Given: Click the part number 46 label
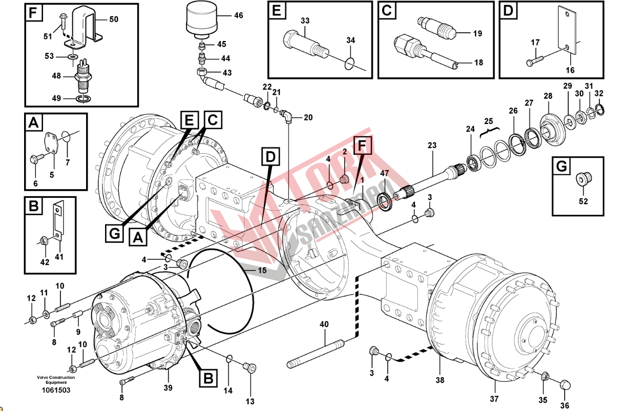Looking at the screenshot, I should coord(239,15).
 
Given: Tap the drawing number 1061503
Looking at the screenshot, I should coord(56,391).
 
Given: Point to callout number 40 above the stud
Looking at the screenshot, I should coord(324,324).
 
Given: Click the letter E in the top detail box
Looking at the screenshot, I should coord(276,11).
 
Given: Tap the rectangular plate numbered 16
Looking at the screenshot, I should coord(568,30).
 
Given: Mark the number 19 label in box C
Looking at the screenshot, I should coord(478,34).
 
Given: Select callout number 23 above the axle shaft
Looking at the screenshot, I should coord(432,146).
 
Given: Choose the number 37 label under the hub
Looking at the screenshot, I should coord(494,399).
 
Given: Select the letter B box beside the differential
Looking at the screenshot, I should coord(208,378).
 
